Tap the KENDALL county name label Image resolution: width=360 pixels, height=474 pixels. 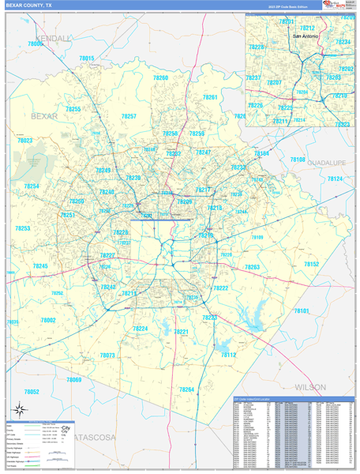tap(53, 38)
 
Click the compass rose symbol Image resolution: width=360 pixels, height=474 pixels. tap(17, 409)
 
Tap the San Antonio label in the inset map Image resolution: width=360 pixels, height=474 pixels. tap(307, 36)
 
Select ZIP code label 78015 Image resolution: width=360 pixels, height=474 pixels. tap(86, 58)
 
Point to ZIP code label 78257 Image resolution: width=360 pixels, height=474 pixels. tap(129, 116)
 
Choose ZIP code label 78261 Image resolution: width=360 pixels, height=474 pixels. tap(209, 97)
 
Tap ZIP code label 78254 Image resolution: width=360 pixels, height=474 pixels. tap(31, 186)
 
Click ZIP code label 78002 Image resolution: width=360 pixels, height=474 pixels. tap(48, 320)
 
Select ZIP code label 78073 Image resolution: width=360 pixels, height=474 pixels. tap(107, 355)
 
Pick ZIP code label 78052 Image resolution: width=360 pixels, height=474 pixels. tap(32, 392)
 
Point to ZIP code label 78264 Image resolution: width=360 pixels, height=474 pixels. tap(186, 389)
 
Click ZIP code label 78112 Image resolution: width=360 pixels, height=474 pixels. tap(227, 355)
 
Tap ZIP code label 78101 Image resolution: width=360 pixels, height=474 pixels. tap(302, 311)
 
